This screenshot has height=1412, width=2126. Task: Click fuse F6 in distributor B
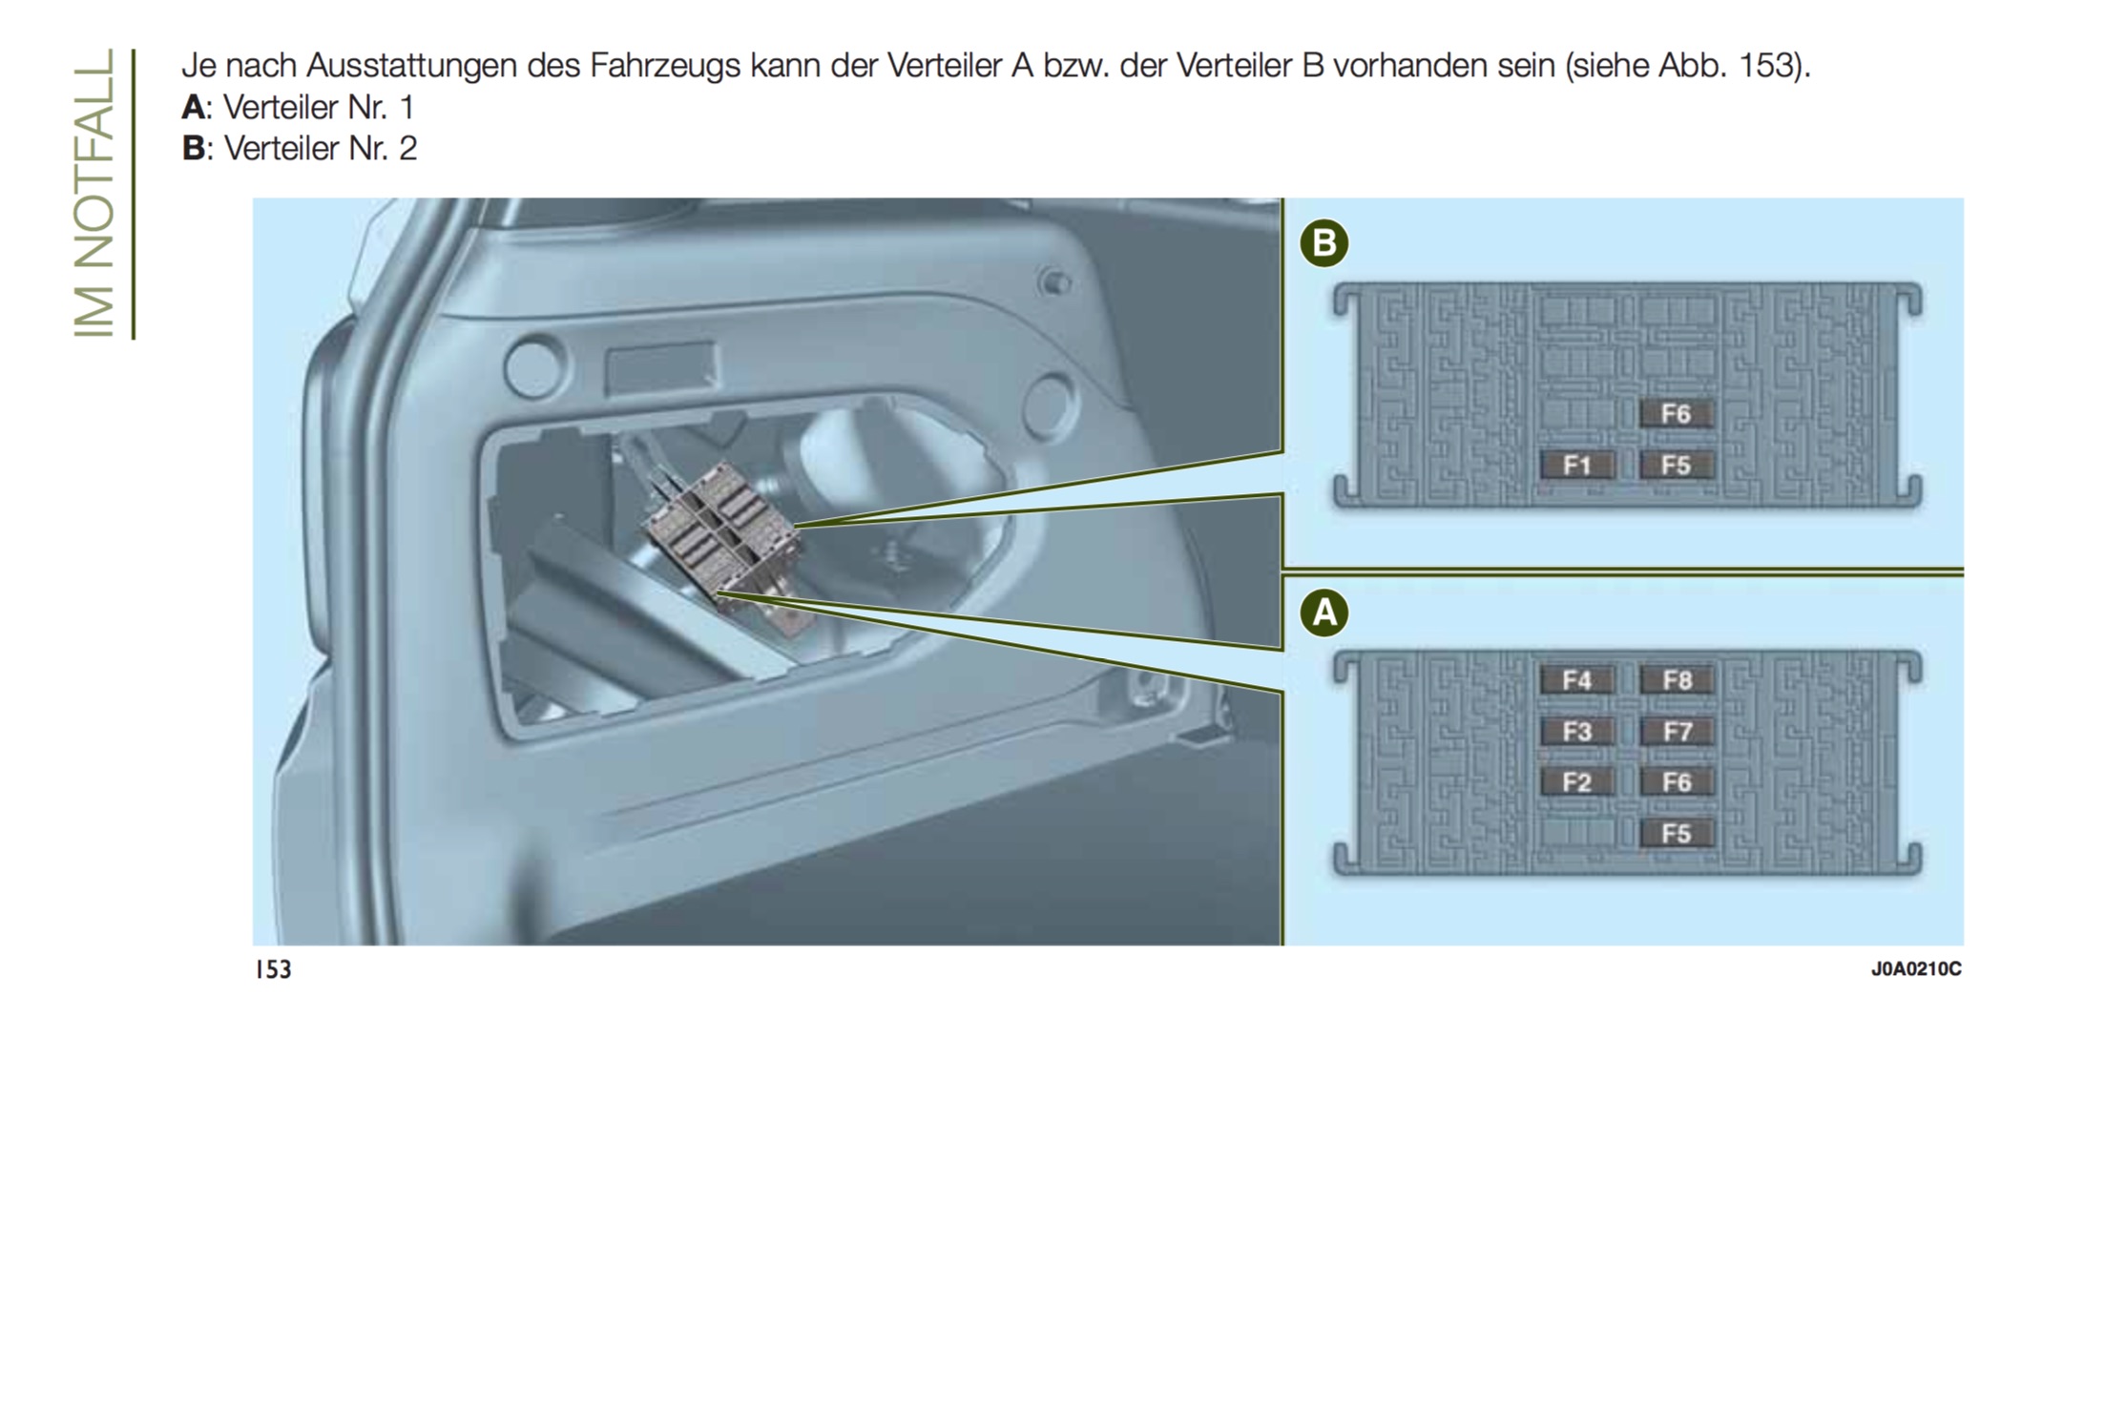pyautogui.click(x=1676, y=414)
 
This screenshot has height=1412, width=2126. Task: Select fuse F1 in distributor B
pyautogui.click(x=1577, y=465)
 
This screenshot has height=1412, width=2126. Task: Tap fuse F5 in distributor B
pyautogui.click(x=1676, y=465)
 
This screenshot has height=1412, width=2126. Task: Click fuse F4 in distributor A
pyautogui.click(x=1577, y=680)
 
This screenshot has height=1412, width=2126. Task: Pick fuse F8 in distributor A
pyautogui.click(x=1677, y=680)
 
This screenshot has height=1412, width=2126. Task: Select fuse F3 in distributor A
pyautogui.click(x=1577, y=732)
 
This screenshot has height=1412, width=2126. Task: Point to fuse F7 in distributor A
pyautogui.click(x=1677, y=732)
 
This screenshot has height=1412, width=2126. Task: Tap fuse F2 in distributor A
pyautogui.click(x=1577, y=782)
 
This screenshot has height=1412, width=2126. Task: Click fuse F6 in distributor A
pyautogui.click(x=1677, y=782)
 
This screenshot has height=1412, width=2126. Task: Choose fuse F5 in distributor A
pyautogui.click(x=1677, y=833)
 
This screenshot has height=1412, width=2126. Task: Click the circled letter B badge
pyautogui.click(x=1324, y=243)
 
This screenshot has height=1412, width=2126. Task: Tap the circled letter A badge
pyautogui.click(x=1324, y=613)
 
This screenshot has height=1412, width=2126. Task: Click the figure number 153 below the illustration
pyautogui.click(x=274, y=969)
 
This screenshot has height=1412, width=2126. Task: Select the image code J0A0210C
pyautogui.click(x=1916, y=969)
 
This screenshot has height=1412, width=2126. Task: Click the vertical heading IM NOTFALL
pyautogui.click(x=94, y=193)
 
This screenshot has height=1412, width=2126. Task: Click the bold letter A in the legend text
pyautogui.click(x=194, y=107)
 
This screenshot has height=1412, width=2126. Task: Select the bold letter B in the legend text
pyautogui.click(x=194, y=148)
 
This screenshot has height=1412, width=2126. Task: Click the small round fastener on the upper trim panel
pyautogui.click(x=1054, y=282)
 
